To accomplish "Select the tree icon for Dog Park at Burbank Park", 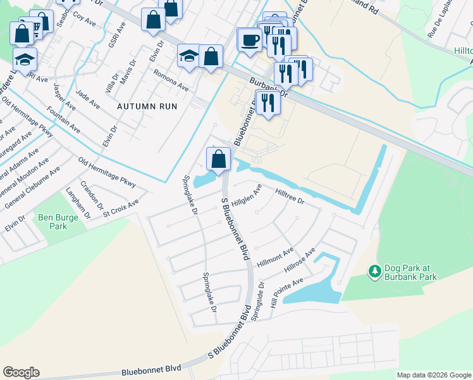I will [374, 271].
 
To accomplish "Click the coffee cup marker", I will [250, 39].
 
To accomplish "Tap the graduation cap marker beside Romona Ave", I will [188, 56].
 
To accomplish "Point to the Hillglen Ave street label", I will [246, 196].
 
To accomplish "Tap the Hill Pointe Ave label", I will [286, 292].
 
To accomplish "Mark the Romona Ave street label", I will [171, 80].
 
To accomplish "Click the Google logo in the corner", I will [21, 372].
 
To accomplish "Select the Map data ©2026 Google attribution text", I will [433, 375].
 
